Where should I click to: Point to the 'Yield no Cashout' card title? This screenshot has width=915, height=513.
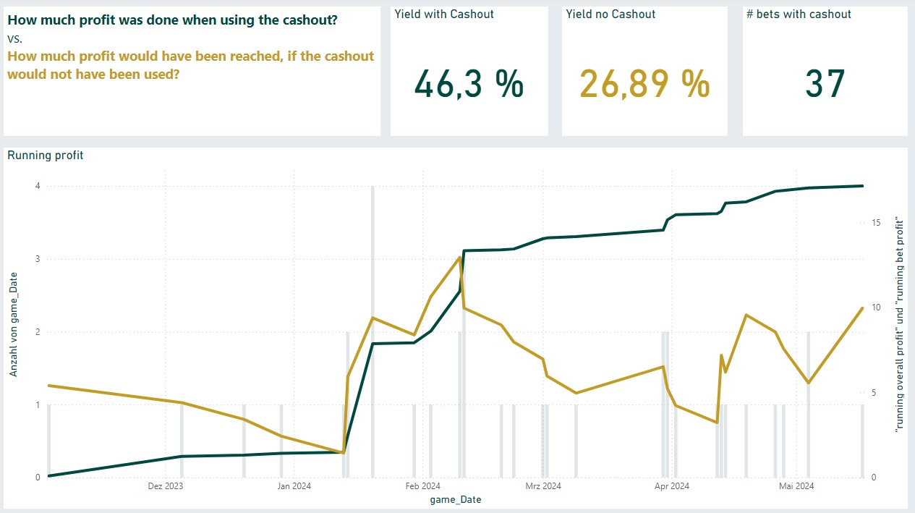point(610,14)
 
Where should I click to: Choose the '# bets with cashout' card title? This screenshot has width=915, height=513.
point(799,14)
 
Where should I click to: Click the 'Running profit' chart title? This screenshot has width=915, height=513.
point(45,155)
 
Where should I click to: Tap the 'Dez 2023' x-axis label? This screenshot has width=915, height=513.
point(165,486)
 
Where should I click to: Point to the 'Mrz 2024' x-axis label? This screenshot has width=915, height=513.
point(543,486)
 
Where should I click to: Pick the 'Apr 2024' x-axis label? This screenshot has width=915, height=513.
point(671,486)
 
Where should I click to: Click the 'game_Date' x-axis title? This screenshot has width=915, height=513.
point(455,500)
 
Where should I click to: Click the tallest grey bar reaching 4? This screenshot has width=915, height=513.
point(373,326)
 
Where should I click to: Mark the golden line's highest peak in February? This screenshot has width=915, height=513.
point(460,257)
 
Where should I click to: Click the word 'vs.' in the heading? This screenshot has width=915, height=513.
point(15,39)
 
